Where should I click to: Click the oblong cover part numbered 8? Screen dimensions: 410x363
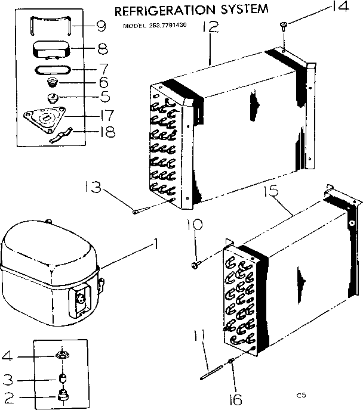(x=51, y=48)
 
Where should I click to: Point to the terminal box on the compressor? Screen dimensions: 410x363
(x=81, y=298)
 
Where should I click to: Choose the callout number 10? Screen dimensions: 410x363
(x=195, y=225)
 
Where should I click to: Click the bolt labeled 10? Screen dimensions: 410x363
(x=196, y=263)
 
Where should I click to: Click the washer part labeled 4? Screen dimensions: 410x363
(x=61, y=356)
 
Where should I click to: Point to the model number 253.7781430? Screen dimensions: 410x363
(x=164, y=26)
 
